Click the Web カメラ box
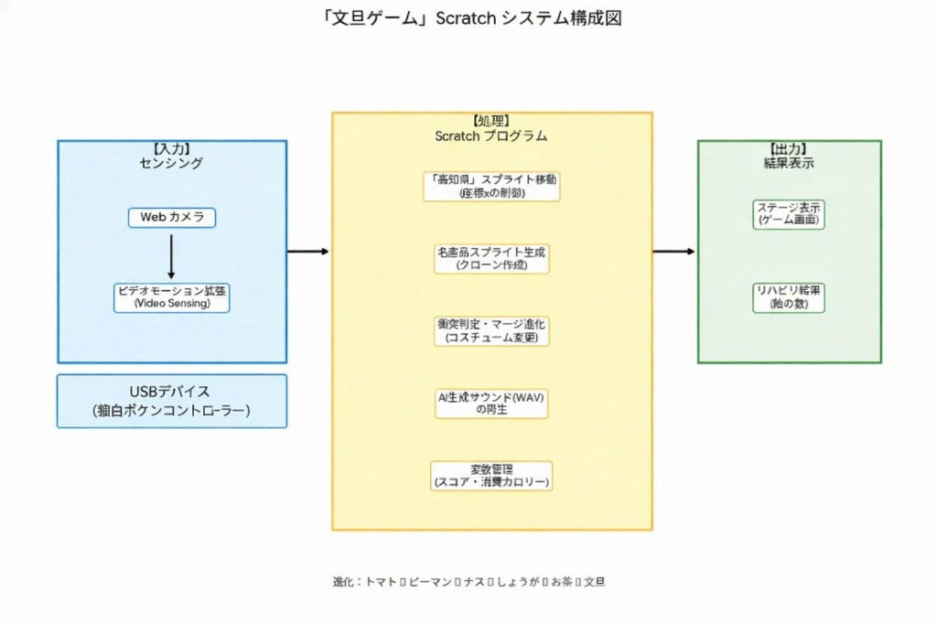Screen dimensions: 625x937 coord(172,218)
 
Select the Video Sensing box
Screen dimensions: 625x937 coord(171,297)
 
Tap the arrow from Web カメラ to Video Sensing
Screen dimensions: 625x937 coord(171,255)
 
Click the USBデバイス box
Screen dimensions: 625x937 coord(171,401)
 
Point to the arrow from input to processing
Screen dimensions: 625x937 coord(308,251)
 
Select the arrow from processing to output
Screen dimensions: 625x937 coord(674,251)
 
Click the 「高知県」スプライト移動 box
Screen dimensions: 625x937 coord(491,186)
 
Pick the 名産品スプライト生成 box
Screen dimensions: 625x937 coord(491,258)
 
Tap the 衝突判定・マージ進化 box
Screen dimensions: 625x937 coord(491,330)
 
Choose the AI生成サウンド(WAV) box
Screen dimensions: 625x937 coord(491,403)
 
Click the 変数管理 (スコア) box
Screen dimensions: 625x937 coord(491,475)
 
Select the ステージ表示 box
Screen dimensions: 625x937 coord(789,214)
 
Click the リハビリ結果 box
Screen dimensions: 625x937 coord(789,297)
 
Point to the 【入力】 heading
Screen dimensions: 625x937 coord(171,149)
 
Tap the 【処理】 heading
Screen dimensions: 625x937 coord(491,121)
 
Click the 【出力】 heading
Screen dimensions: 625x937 coord(789,149)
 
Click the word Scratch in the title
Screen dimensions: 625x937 coord(466,18)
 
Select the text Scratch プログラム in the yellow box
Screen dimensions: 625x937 coord(491,135)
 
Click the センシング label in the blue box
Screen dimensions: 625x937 coord(171,163)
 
